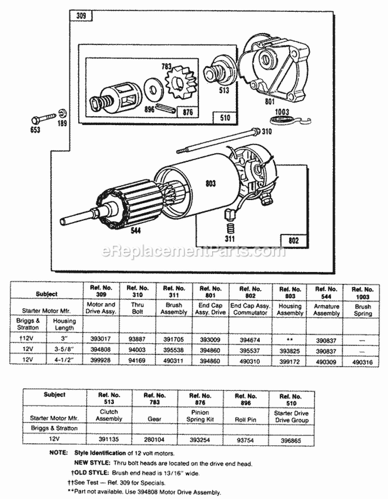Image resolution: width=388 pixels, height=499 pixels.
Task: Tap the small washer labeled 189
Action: coord(62,113)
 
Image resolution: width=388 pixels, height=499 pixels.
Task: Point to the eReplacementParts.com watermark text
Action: coord(194,252)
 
